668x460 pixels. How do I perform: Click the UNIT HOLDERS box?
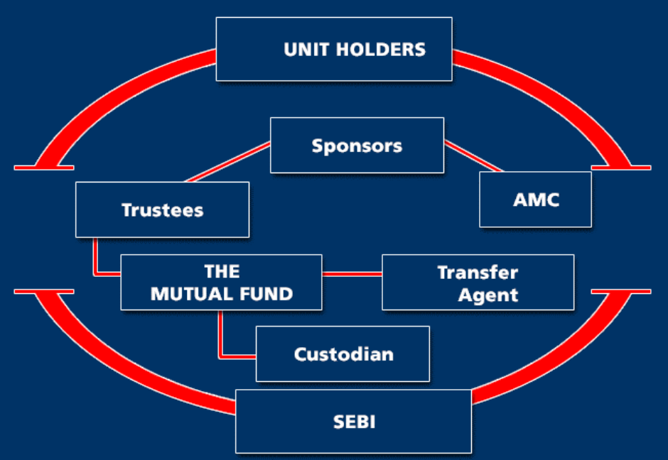point(334,49)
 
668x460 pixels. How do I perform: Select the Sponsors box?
point(357,145)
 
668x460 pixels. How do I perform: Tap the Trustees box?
point(162,209)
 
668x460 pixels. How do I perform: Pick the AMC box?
point(536,199)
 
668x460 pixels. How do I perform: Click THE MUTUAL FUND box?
point(222,282)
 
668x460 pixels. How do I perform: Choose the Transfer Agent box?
point(478,282)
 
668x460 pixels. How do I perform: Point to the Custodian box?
point(343,354)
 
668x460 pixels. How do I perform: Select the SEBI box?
point(354,421)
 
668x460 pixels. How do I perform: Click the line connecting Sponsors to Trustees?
point(228,162)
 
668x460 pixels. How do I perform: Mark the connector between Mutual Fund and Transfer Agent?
point(352,273)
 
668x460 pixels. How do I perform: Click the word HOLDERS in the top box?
point(380,50)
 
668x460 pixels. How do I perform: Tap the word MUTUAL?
point(192,294)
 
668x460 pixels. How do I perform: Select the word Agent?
point(488,295)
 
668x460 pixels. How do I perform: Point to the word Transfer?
point(478,273)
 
